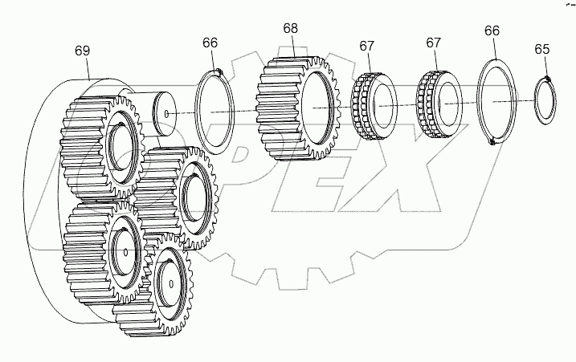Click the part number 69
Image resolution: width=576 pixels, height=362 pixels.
[x=82, y=51]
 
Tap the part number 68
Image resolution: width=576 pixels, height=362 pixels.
[x=290, y=28]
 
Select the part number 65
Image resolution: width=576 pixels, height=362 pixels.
[x=542, y=50]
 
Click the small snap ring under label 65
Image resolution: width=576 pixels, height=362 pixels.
[x=549, y=100]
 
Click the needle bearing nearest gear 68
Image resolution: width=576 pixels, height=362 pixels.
[x=372, y=108]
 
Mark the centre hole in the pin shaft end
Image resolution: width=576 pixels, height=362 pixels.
[x=166, y=115]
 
